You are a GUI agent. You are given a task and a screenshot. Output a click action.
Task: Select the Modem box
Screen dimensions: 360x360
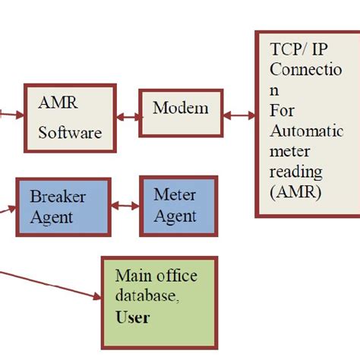180,113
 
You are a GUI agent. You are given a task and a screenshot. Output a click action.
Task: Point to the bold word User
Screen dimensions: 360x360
132,317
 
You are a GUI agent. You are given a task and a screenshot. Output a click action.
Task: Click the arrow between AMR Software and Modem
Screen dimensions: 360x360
128,118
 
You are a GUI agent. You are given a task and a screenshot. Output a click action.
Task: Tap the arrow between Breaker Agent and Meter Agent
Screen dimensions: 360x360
125,206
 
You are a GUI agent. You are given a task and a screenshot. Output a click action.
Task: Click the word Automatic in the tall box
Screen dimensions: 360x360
306,131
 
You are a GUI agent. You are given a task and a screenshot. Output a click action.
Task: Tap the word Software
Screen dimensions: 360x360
70,133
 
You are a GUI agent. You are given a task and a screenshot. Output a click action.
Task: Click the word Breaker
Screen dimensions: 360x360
58,196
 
